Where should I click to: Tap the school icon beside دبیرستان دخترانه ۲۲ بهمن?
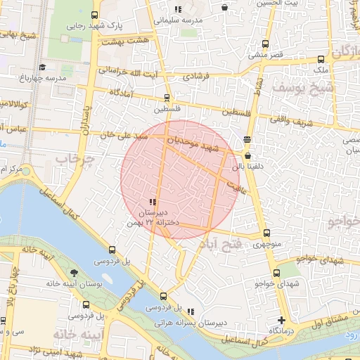point(153,202)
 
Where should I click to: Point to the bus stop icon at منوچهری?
point(266,233)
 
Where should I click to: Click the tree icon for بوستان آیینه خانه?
point(75,273)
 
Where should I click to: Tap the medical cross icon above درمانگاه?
point(281,321)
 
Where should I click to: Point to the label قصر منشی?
point(266,54)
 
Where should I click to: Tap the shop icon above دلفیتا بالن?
point(248,156)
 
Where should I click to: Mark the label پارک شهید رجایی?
point(94,25)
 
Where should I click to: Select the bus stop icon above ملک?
point(321,59)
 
